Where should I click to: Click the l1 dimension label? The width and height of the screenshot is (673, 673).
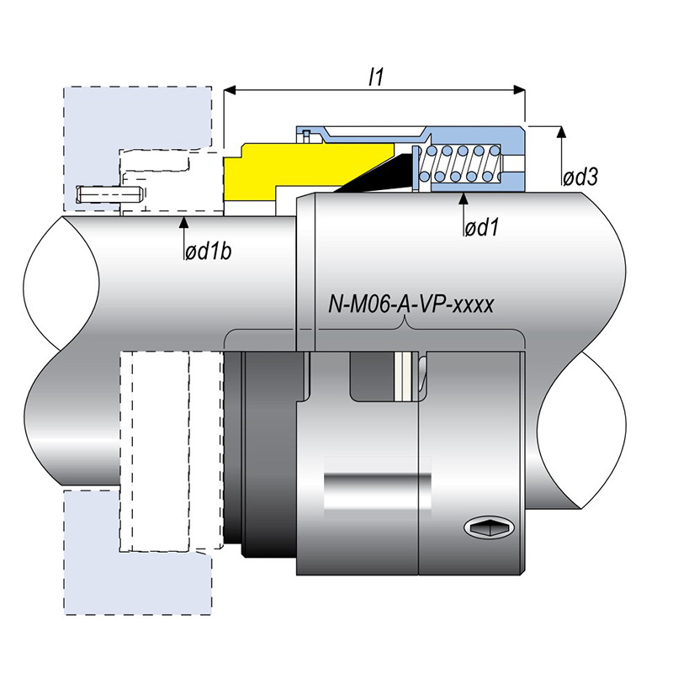376,77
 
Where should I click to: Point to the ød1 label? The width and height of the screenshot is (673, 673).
482,227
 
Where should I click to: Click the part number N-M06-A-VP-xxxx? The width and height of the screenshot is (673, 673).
411,305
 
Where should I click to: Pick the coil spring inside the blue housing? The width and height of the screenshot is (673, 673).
462,162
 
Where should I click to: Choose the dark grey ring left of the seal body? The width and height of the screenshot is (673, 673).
268,454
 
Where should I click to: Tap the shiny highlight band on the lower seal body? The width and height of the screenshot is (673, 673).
379,488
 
